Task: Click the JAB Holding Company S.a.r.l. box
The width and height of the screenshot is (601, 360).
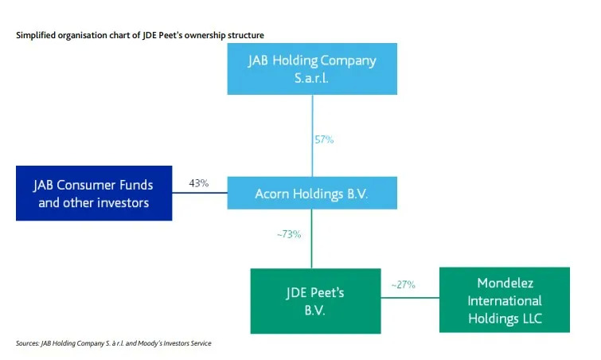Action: (312, 69)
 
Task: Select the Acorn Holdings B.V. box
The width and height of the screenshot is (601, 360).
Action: (311, 194)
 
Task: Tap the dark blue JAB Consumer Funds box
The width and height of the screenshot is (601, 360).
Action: (93, 194)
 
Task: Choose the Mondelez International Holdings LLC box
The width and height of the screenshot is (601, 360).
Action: (505, 299)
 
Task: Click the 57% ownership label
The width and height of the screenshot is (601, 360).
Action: (323, 140)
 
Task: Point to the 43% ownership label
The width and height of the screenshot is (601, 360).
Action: (199, 184)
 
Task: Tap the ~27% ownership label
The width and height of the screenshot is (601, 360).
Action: (403, 284)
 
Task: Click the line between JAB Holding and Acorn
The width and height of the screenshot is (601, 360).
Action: (312, 119)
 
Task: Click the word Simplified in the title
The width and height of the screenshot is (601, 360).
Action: (34, 36)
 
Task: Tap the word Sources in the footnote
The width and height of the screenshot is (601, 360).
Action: (27, 343)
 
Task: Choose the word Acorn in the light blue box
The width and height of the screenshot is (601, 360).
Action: (273, 194)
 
